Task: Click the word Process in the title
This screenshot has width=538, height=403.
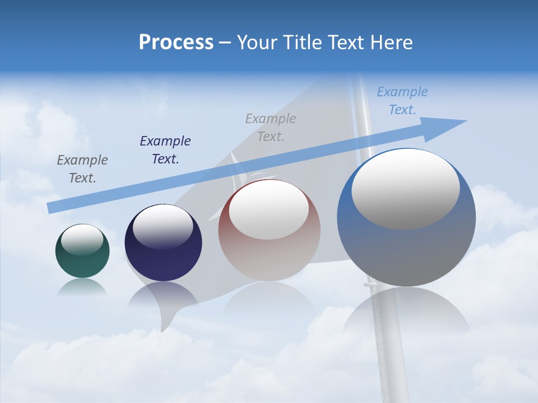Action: (176, 43)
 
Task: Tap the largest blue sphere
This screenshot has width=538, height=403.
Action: (406, 252)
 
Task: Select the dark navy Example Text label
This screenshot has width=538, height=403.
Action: (165, 150)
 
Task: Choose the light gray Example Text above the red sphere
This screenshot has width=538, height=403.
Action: (271, 127)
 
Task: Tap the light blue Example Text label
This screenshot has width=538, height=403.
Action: (402, 101)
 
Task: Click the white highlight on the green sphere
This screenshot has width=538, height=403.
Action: (82, 239)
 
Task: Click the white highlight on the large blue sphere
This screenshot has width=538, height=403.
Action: (405, 188)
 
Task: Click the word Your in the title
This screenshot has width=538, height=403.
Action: (257, 43)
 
